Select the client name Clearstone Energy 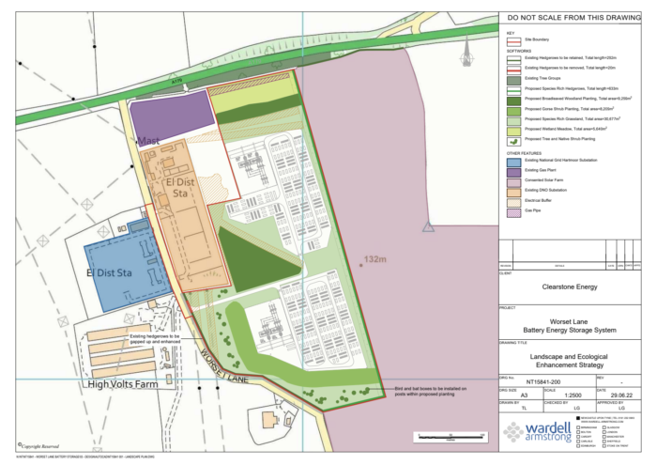point(574,288)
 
